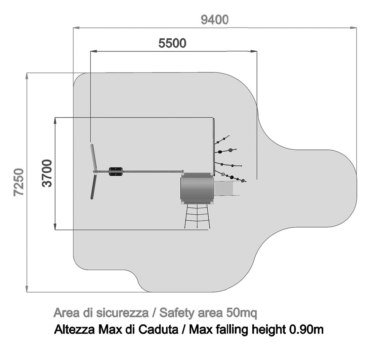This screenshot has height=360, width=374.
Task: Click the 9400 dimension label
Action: (x=214, y=20)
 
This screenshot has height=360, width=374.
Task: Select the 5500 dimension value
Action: (x=172, y=43)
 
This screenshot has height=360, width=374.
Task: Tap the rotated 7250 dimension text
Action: (x=19, y=182)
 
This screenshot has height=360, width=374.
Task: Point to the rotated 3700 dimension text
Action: (x=47, y=173)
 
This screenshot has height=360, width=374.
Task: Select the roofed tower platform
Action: (x=197, y=189)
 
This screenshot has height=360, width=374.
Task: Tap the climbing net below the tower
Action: (x=197, y=217)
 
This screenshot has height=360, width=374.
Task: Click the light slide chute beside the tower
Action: (x=226, y=189)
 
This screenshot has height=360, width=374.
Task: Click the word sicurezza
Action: (x=122, y=313)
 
